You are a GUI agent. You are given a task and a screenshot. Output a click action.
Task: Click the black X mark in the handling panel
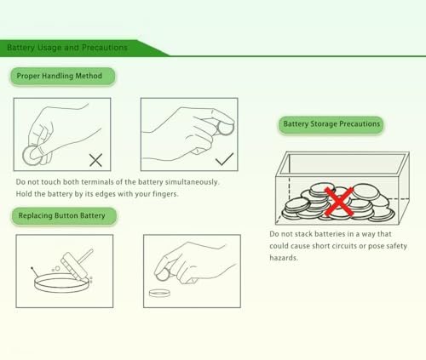(95, 160)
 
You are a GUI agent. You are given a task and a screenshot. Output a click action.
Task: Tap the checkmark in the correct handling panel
(224, 159)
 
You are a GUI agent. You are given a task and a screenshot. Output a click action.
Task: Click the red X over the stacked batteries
(339, 202)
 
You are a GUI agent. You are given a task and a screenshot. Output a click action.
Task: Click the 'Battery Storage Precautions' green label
(331, 124)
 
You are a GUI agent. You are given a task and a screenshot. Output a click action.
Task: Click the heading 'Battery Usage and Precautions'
(67, 48)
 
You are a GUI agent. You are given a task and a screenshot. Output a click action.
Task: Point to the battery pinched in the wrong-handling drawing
(32, 156)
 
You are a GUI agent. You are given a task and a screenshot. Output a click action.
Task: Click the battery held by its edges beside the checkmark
(225, 128)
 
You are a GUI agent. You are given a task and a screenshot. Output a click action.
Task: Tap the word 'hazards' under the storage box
(284, 258)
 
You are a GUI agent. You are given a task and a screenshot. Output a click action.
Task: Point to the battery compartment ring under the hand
(159, 293)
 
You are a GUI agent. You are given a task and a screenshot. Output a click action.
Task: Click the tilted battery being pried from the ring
(74, 265)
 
